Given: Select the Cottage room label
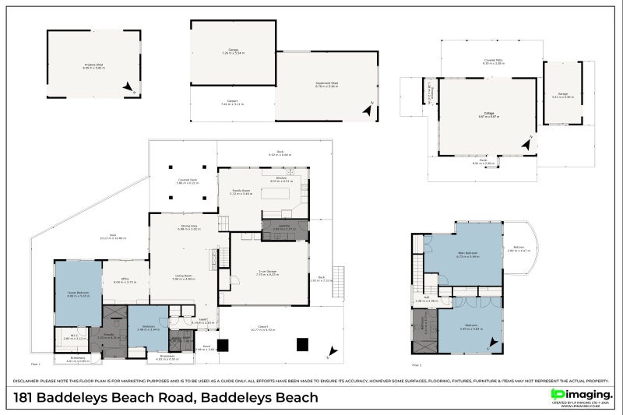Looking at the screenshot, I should (x=487, y=115).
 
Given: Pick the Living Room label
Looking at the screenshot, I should (x=183, y=276).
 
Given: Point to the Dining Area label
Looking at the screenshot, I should (x=189, y=227).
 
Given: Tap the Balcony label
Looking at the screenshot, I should (x=518, y=249).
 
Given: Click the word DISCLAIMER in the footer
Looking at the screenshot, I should (x=29, y=381).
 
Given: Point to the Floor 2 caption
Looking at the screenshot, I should (x=416, y=364).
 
